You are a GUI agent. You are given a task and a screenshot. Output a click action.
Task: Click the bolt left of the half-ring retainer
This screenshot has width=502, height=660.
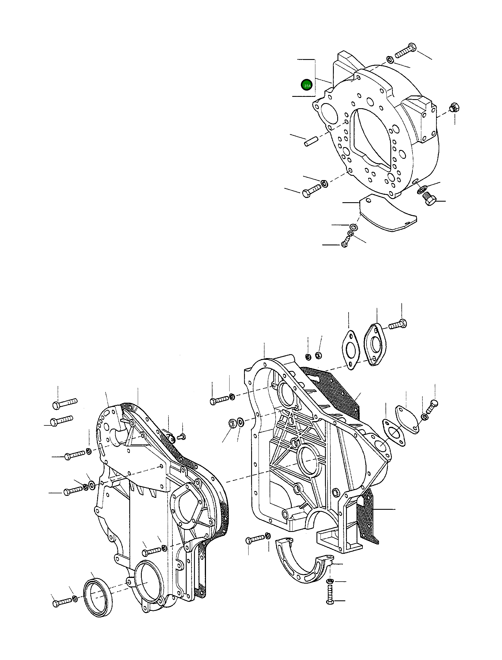pyautogui.click(x=255, y=539)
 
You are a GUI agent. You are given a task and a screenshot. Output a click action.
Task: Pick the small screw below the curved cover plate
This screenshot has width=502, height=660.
pyautogui.click(x=345, y=244)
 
